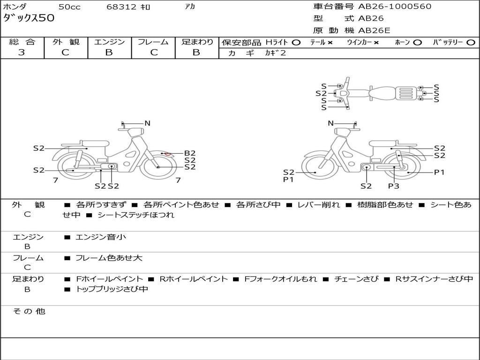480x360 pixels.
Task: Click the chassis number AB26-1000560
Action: coord(395,7)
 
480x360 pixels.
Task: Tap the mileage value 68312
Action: coord(121,7)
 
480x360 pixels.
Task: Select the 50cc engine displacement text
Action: coord(69,7)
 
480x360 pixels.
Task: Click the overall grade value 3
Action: coord(22,52)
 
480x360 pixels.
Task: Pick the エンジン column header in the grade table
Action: coord(109,42)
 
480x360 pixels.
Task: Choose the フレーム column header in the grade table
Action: coord(153,42)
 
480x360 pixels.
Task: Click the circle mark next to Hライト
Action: coord(296,42)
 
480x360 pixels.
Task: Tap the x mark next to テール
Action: coord(330,42)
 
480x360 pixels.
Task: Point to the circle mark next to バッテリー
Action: coord(471,42)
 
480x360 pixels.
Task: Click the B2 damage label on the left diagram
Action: coord(189,153)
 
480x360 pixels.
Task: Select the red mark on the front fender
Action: coord(167,153)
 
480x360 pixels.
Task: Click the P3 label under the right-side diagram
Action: coord(393,186)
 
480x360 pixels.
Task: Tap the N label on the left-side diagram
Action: coord(147,123)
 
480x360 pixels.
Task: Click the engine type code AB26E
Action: coord(374,30)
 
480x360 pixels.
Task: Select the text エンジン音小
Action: coord(101,237)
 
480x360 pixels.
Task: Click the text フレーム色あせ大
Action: coord(109,258)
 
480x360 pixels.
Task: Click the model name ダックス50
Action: coord(29,18)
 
